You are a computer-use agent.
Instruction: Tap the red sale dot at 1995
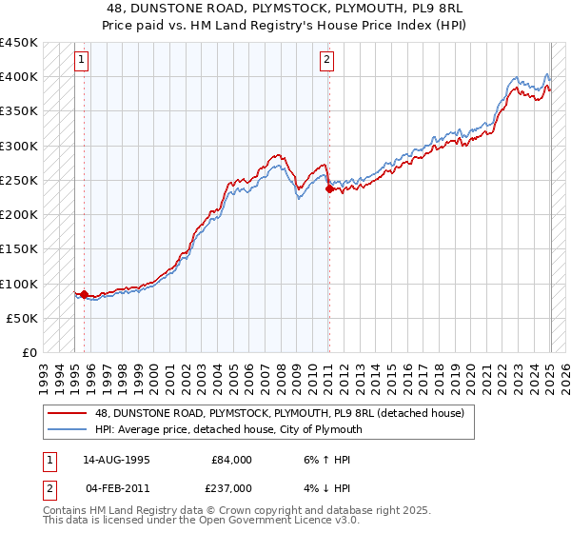click(x=84, y=295)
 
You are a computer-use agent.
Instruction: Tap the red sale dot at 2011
click(x=329, y=189)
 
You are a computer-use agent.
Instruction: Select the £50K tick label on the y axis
click(x=23, y=318)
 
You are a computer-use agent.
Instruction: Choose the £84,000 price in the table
click(x=231, y=459)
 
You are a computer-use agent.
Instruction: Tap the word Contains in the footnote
click(x=66, y=511)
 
